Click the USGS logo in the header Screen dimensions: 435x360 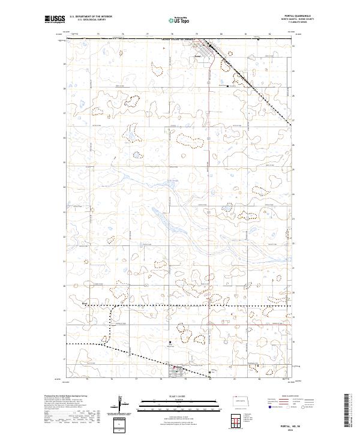point(54,19)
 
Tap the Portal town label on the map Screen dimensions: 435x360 point(199,58)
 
